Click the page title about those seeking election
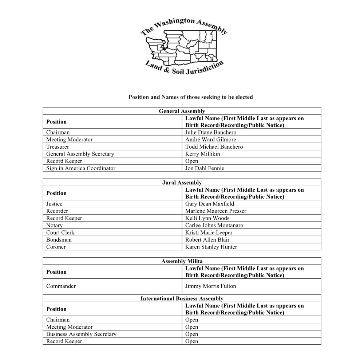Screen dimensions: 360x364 click(190, 97)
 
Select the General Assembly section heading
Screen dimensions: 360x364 click(182, 111)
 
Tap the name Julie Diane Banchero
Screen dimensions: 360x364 click(210, 133)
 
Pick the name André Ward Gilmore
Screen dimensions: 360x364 click(210, 140)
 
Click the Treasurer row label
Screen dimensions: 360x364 click(58, 147)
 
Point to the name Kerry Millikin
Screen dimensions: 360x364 click(202, 154)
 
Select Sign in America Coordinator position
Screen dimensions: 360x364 click(80, 168)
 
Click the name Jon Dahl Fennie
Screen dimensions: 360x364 click(205, 168)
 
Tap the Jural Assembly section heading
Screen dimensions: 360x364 click(182, 183)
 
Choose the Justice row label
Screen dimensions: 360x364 click(54, 204)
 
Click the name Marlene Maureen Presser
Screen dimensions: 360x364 click(215, 211)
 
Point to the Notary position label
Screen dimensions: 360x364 click(54, 226)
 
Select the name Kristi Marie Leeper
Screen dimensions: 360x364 click(209, 232)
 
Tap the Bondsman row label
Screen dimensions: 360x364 click(59, 240)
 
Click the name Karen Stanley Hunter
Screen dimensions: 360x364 click(211, 247)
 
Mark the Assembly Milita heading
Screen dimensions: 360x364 click(182, 261)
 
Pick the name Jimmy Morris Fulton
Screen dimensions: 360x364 click(210, 286)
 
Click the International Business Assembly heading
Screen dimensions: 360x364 click(182, 299)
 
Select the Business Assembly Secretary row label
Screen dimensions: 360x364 click(81, 334)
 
